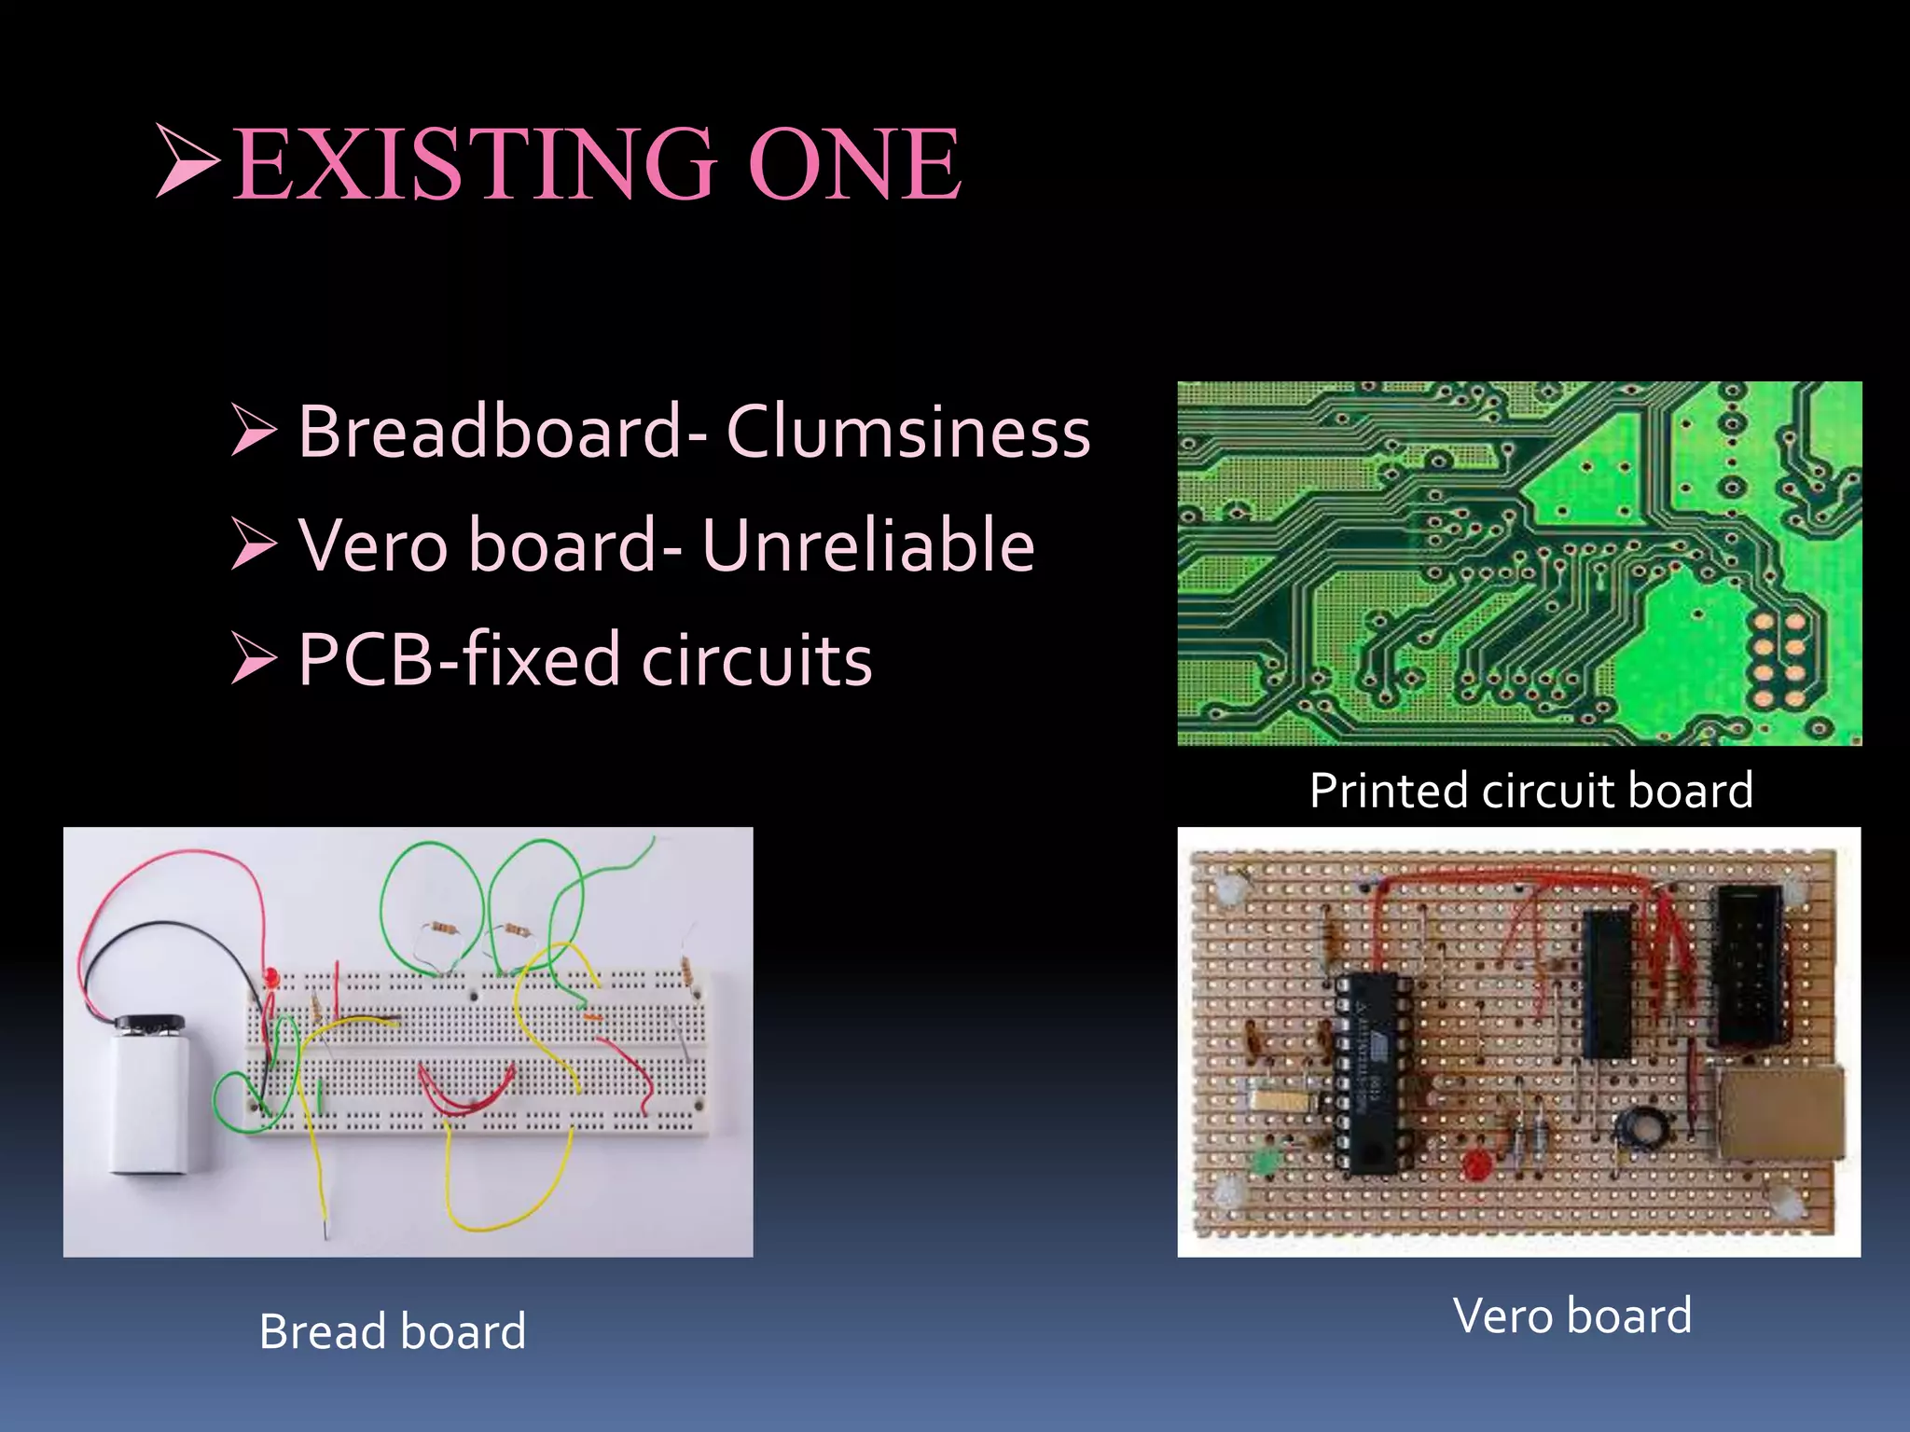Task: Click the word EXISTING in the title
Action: tap(476, 165)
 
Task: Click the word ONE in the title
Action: tap(854, 165)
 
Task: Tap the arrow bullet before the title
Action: tap(187, 160)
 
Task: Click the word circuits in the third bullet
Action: tap(756, 659)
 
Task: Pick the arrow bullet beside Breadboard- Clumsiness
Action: tap(254, 431)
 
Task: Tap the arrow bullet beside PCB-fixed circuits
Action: tap(254, 658)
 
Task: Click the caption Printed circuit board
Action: tap(1530, 791)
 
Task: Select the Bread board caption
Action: tap(393, 1330)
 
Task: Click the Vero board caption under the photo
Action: tap(1572, 1315)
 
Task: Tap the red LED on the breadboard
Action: tap(271, 978)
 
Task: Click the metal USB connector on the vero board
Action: tap(1779, 1113)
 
